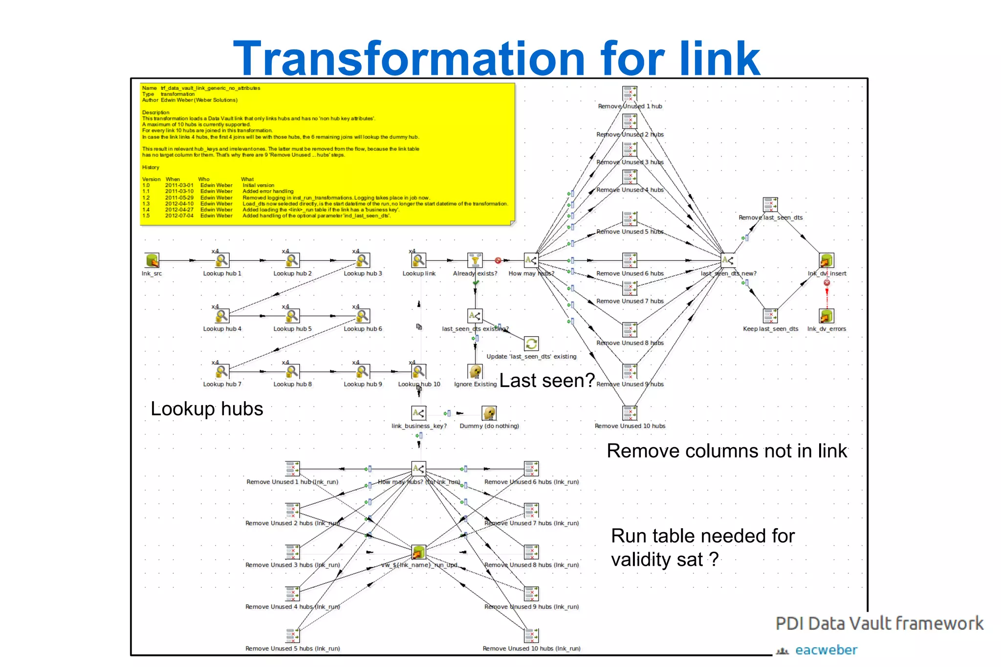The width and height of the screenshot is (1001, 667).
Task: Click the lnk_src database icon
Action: tap(152, 260)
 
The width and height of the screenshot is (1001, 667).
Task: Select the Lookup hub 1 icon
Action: tap(222, 260)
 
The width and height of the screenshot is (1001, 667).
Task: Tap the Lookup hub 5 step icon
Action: tap(292, 316)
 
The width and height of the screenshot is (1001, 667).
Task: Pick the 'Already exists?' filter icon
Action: tap(475, 260)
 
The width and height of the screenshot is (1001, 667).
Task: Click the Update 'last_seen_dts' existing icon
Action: tap(531, 344)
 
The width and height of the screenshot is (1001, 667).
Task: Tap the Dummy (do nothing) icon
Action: tap(489, 413)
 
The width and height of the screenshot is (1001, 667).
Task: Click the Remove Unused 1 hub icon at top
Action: tap(630, 93)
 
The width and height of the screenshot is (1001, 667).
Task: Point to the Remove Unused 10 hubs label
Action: tap(630, 426)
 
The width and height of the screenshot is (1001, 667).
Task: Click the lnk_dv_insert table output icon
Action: tap(827, 260)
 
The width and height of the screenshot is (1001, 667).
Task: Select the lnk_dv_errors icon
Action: tap(827, 316)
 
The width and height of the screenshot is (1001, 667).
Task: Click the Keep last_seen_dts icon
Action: tap(770, 316)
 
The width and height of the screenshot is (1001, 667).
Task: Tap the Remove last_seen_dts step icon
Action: tap(770, 205)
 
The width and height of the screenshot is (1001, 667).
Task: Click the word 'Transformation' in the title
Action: tap(409, 59)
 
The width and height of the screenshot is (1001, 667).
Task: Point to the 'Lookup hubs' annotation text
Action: tap(207, 409)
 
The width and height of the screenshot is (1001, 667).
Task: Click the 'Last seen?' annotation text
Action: tap(547, 381)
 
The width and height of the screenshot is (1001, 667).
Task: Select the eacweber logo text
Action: tap(826, 650)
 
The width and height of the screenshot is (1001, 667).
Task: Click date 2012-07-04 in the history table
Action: tap(179, 215)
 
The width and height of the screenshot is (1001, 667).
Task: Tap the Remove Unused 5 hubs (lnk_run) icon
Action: tap(292, 635)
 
